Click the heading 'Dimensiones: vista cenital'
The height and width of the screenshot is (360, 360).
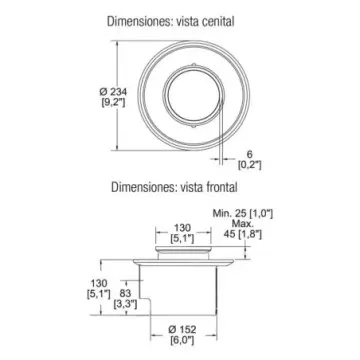pyautogui.click(x=171, y=22)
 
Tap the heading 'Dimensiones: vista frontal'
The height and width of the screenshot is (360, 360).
pyautogui.click(x=174, y=187)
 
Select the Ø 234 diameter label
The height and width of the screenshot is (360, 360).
pyautogui.click(x=113, y=91)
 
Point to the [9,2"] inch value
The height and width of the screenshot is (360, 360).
pyautogui.click(x=113, y=103)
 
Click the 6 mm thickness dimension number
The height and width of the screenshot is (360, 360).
pyautogui.click(x=250, y=154)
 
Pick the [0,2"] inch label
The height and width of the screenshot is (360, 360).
pyautogui.click(x=249, y=165)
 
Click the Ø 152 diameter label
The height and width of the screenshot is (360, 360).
pyautogui.click(x=182, y=330)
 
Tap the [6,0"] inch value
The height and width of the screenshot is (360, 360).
pyautogui.click(x=182, y=341)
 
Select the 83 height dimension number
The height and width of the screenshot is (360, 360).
pyautogui.click(x=125, y=293)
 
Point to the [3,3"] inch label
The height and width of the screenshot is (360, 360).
pyautogui.click(x=125, y=304)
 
